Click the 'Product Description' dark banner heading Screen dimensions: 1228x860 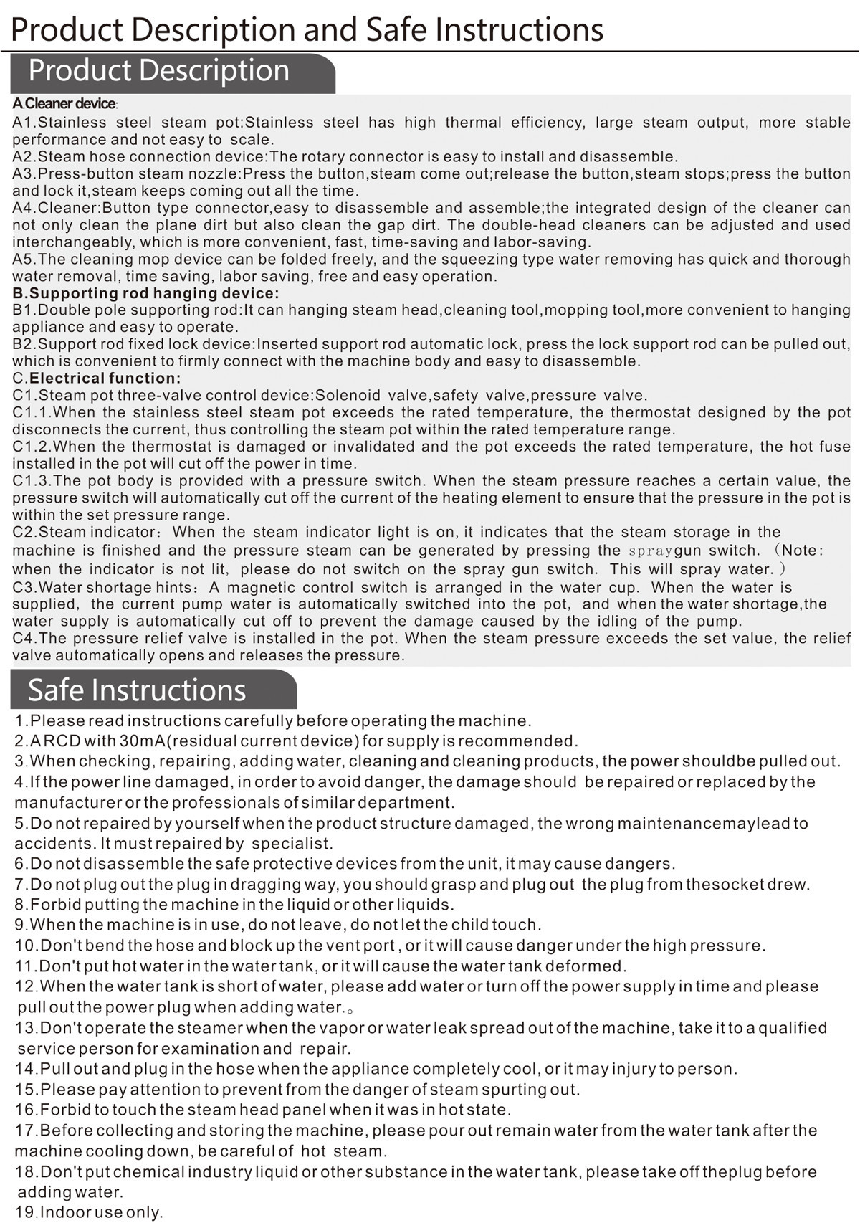(x=159, y=71)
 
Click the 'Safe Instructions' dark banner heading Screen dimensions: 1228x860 (x=137, y=690)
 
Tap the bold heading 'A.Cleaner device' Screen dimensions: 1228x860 (x=64, y=105)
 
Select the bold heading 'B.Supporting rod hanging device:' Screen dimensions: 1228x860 (x=145, y=293)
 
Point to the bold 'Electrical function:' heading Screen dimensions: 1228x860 (x=105, y=379)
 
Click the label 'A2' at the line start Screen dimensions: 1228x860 (x=22, y=156)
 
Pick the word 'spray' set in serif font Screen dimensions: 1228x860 (x=650, y=551)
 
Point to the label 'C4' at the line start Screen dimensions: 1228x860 (x=22, y=638)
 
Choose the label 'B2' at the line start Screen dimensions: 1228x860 (x=22, y=344)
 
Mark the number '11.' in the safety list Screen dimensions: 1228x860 (x=26, y=966)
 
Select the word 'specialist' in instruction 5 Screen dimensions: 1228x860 (x=292, y=844)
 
